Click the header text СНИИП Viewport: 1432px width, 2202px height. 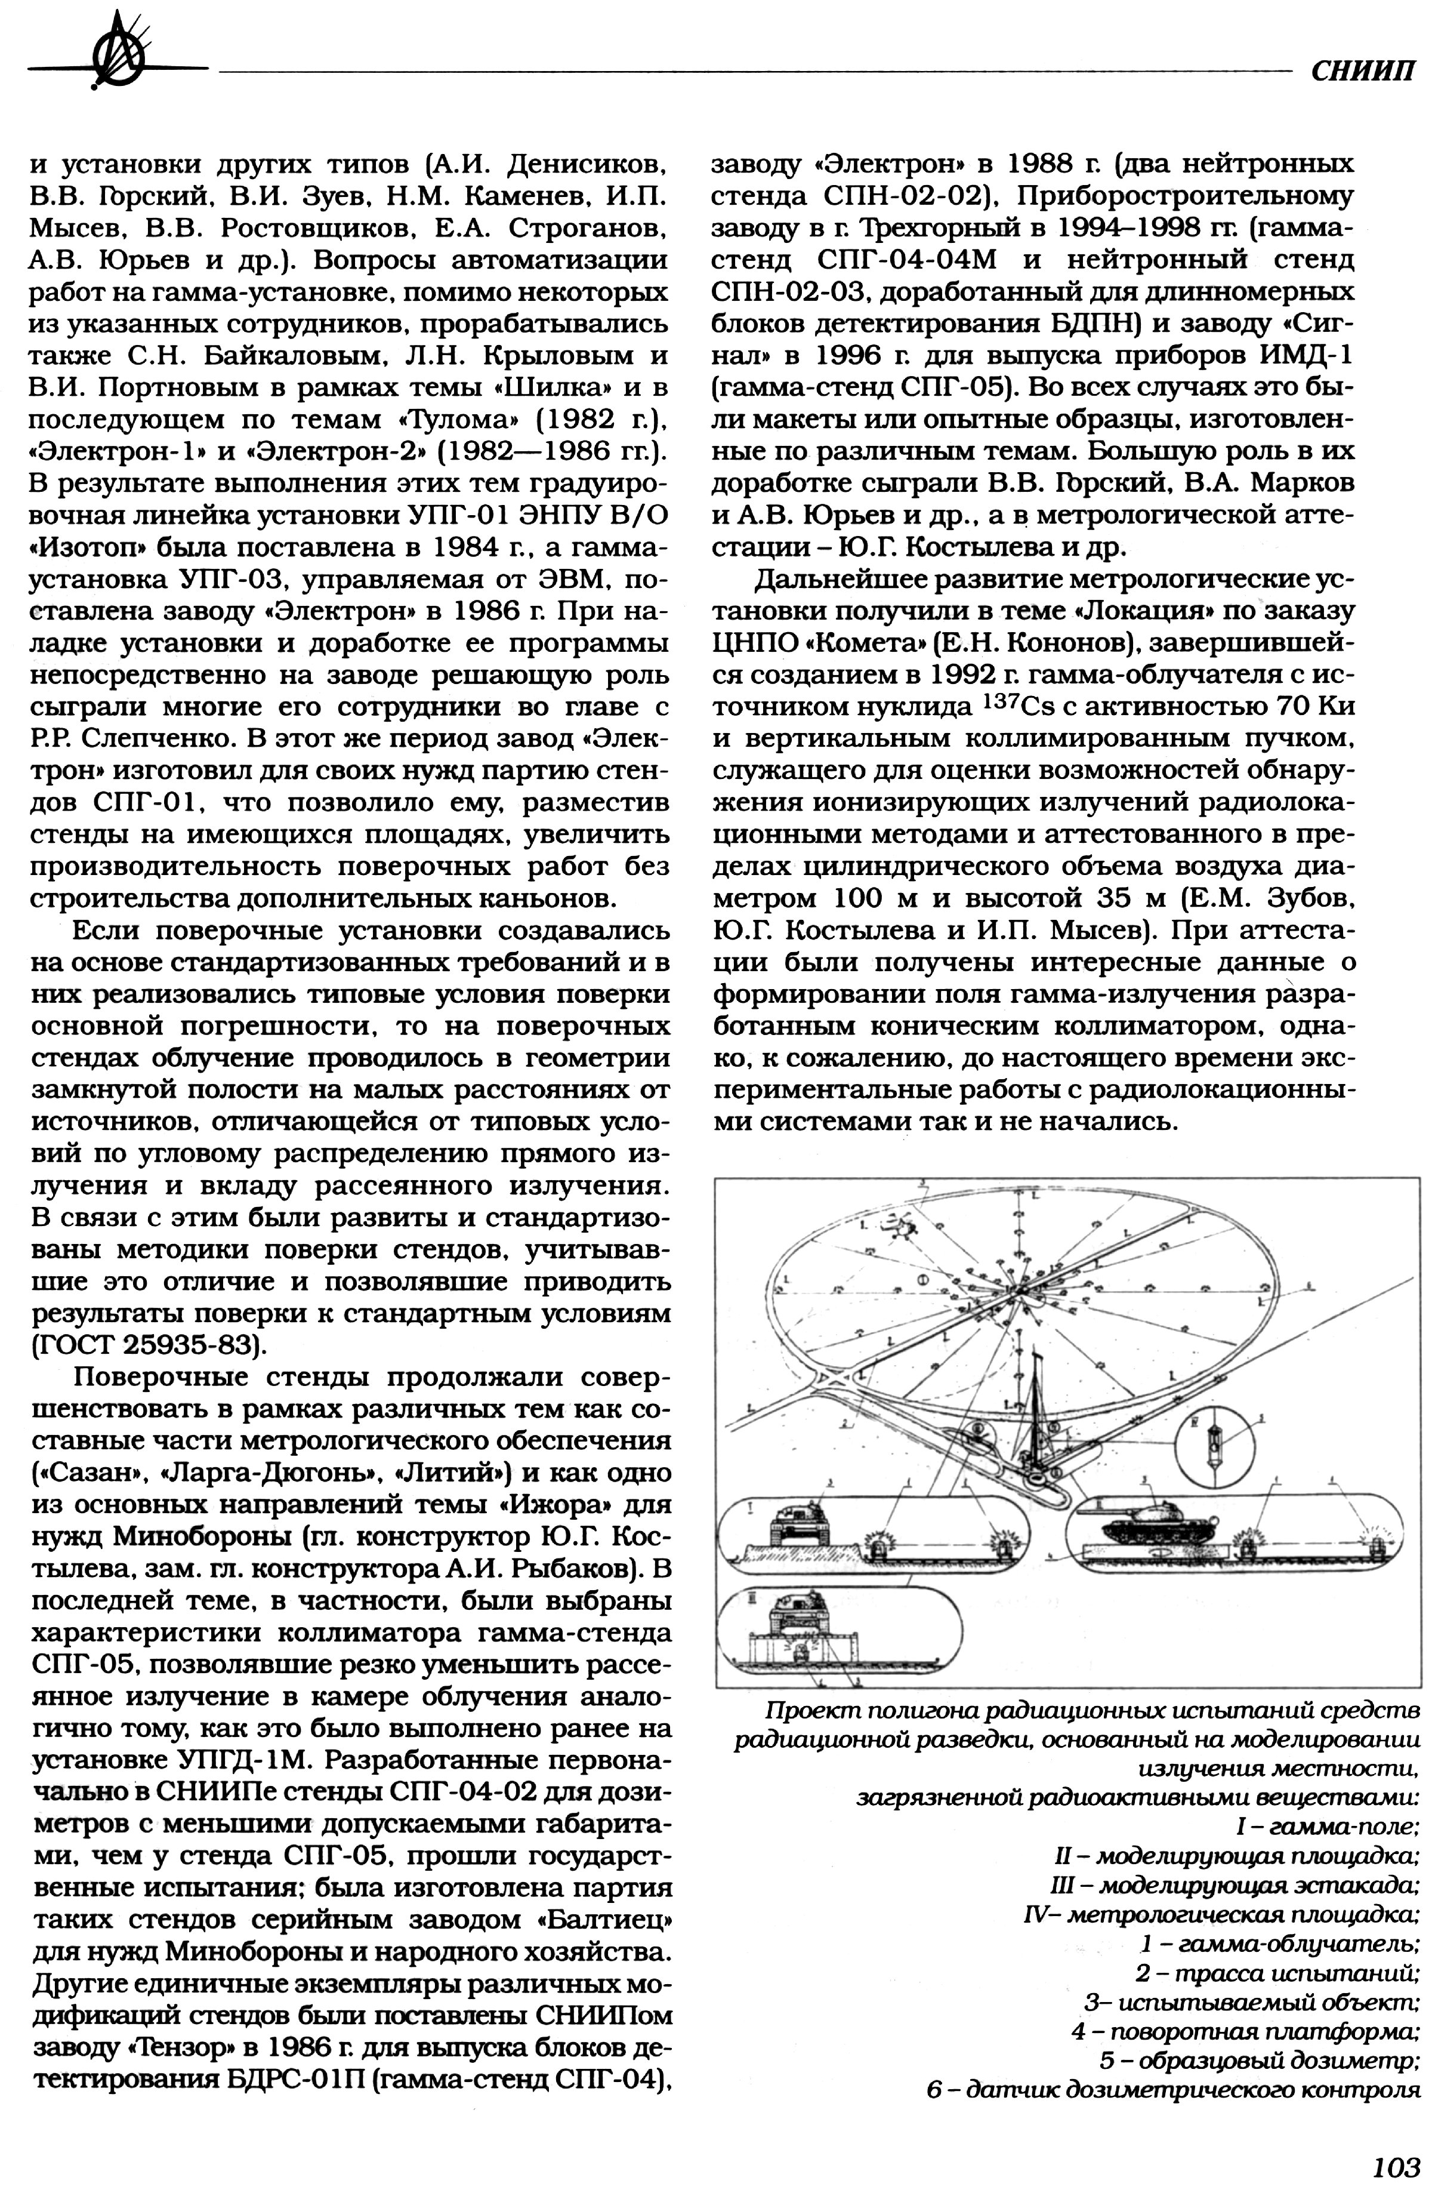click(1363, 71)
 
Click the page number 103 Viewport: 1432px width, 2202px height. click(1395, 2166)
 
